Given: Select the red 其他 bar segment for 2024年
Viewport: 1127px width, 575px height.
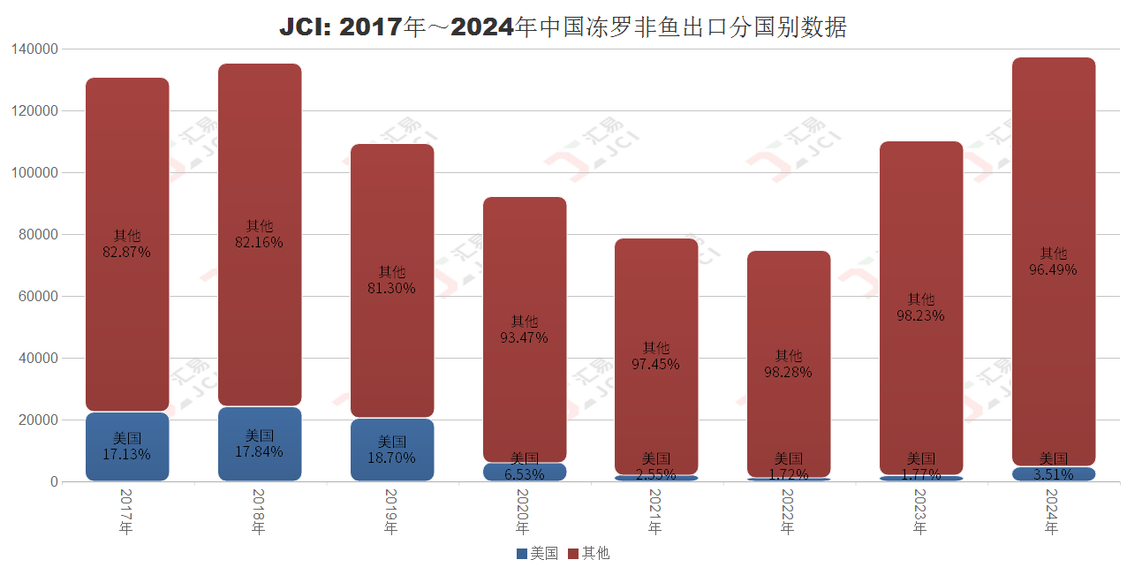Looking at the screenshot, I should pos(1053,177).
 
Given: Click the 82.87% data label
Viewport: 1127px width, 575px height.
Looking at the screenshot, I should pos(126,252).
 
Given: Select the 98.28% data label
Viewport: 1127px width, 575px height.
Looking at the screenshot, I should pos(788,372).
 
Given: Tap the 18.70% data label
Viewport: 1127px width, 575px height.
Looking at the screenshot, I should pos(391,458).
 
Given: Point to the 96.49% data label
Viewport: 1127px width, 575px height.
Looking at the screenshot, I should pos(1053,269).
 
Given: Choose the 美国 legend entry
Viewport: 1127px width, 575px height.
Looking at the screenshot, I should pos(537,554).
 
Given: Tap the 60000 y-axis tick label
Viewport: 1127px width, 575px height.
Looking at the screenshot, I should pos(39,297).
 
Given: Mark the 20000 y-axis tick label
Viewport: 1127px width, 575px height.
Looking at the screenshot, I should pos(39,420).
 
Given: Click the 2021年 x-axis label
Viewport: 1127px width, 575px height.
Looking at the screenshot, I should pos(654,511).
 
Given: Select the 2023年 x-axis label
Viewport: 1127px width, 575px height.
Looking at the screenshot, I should pos(919,511).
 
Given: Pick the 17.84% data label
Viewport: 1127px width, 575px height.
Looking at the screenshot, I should pos(259,451).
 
